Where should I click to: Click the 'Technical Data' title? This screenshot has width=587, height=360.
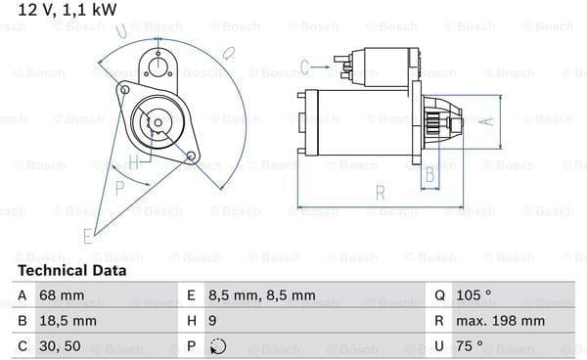(71, 270)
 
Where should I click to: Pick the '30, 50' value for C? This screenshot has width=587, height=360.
(61, 345)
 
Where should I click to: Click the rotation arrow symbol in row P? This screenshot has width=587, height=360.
(219, 345)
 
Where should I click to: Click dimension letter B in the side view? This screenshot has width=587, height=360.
(429, 175)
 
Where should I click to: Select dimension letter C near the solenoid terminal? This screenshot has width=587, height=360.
(304, 67)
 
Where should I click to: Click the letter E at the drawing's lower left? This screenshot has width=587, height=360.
(88, 235)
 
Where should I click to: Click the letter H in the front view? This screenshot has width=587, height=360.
(134, 161)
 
